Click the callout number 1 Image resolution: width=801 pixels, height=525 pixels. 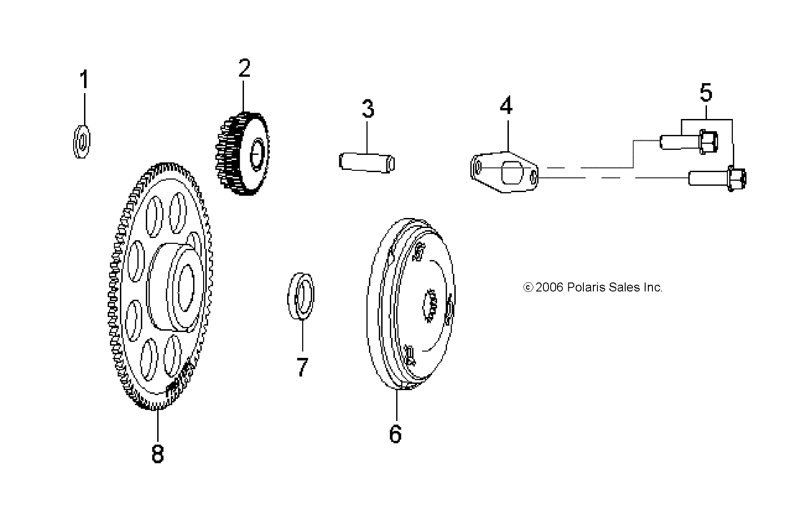84,79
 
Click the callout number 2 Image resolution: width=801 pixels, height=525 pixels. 244,69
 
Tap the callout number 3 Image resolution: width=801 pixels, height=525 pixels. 368,109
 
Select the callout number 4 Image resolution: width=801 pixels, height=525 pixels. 506,106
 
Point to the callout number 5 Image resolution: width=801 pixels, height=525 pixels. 706,92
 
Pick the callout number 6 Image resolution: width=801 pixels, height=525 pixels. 395,434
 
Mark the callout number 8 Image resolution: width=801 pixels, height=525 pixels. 157,453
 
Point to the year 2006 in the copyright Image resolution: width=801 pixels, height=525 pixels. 550,287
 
